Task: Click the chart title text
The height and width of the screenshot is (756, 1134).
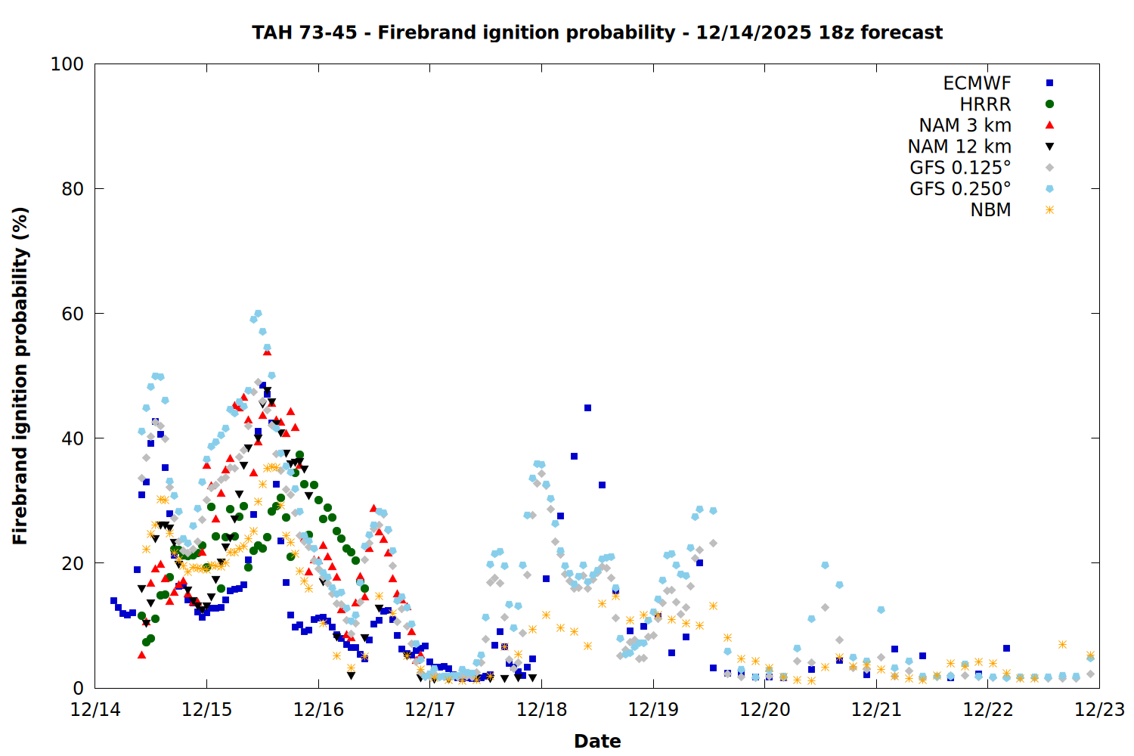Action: pos(597,33)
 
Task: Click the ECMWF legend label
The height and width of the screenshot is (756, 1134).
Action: pos(977,83)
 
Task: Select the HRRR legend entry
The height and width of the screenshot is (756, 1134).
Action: pos(985,104)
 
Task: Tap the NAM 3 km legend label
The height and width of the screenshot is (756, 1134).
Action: pos(965,125)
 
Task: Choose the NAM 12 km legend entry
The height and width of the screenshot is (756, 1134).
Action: pos(959,147)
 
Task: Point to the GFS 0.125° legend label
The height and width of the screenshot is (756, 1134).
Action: pos(960,168)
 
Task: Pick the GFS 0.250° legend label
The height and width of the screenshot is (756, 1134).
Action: pos(960,189)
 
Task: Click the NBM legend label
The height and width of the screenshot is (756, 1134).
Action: pos(990,210)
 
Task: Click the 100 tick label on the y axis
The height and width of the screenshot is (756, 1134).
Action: pos(67,64)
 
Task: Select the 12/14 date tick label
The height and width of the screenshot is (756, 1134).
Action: pos(95,710)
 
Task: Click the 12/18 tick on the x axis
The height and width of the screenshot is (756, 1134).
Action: pos(542,710)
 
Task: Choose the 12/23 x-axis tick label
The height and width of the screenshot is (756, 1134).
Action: pos(1099,710)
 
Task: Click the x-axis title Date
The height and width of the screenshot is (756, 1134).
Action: pos(597,741)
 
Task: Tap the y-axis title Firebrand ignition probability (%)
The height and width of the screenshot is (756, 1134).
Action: pos(20,376)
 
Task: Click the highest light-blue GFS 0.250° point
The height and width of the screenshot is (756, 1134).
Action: pos(258,314)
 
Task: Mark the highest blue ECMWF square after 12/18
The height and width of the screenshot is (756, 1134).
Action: pos(587,408)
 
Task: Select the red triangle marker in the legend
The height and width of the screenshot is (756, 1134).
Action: pos(1049,125)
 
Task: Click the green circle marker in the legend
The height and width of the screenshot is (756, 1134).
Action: pos(1049,104)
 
